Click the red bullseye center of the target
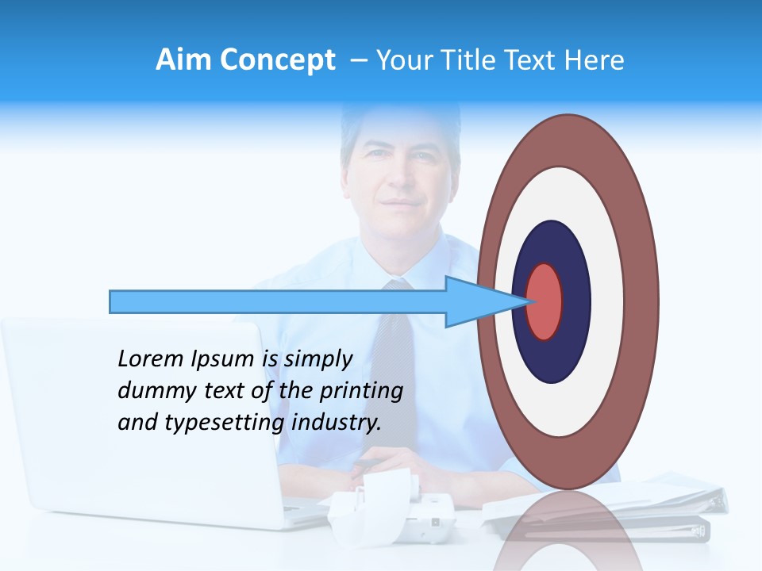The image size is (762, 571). tap(545, 301)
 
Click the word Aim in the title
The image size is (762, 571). tap(185, 60)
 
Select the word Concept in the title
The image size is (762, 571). tap(278, 60)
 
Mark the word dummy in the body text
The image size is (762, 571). tap(152, 391)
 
